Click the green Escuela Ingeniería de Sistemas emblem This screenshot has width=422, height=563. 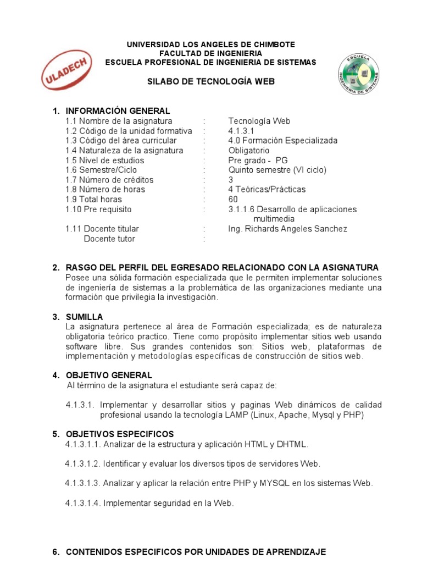tap(358, 74)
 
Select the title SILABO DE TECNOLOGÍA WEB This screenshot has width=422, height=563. tap(211, 81)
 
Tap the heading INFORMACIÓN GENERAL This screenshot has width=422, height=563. tap(118, 111)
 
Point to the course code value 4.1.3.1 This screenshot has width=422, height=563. tap(241, 131)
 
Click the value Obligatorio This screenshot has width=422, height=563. tap(249, 151)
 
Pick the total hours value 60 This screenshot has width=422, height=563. tap(233, 200)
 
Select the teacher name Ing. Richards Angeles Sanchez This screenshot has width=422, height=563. tap(287, 229)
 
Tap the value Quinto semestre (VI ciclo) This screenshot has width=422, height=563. tap(277, 170)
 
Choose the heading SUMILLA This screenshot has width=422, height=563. tap(84, 317)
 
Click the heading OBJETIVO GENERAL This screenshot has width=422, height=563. tap(105, 375)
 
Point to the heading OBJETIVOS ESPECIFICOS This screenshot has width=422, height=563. tap(120, 434)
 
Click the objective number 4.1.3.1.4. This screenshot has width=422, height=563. tap(83, 503)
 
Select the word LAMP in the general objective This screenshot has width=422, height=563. tap(237, 415)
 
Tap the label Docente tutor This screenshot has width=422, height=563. tap(109, 239)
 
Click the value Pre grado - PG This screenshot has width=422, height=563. tap(258, 161)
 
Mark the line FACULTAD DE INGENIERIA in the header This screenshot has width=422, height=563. tap(210, 53)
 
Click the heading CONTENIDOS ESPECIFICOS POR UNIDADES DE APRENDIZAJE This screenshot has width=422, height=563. tap(196, 551)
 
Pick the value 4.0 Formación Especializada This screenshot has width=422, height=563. tap(283, 141)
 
